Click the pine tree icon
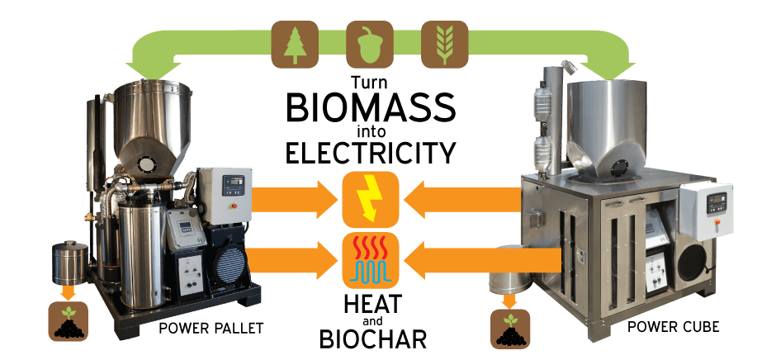[295, 44]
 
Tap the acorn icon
[370, 44]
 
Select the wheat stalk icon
[444, 44]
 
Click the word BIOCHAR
[372, 339]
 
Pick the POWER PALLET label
[211, 329]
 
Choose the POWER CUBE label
[673, 327]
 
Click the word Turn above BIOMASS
[370, 82]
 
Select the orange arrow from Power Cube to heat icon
[482, 260]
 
